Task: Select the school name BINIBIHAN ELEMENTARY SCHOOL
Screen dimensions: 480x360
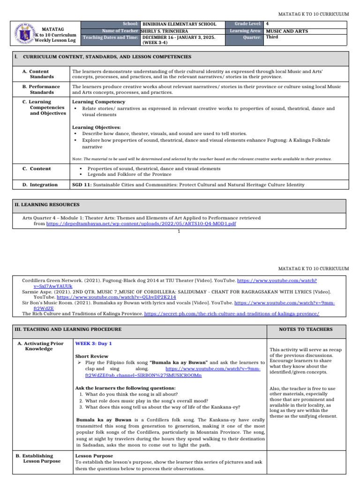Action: (x=179, y=24)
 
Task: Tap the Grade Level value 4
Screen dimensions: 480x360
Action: (x=267, y=23)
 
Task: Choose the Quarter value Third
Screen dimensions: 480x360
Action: (x=272, y=37)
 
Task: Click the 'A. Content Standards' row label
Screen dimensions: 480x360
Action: (x=41, y=74)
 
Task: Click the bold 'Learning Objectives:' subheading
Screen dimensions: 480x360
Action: (x=96, y=127)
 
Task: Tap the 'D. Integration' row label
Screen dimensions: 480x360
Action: (x=40, y=185)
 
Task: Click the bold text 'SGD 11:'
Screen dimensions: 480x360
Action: (x=82, y=185)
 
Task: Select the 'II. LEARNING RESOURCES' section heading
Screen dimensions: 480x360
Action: (x=48, y=205)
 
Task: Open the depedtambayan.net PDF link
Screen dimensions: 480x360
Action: (x=141, y=224)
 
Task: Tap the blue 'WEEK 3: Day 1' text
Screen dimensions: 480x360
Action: (x=93, y=344)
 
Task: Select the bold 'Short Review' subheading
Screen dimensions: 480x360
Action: (x=91, y=356)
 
